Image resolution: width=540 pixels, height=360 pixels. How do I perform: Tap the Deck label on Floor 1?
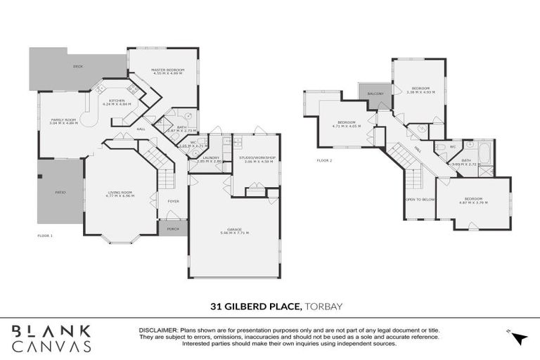click(78, 67)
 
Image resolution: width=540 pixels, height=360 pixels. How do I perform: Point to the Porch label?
click(172, 229)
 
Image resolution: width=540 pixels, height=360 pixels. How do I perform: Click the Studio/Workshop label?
click(256, 157)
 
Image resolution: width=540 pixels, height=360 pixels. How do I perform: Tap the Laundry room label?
click(211, 157)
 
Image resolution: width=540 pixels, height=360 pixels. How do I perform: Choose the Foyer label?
click(172, 199)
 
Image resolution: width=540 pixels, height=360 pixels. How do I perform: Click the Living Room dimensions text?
click(120, 195)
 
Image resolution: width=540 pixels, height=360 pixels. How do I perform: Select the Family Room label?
click(63, 120)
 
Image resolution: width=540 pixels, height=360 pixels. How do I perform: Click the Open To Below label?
click(420, 199)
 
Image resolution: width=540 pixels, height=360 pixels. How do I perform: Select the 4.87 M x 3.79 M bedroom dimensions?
click(472, 202)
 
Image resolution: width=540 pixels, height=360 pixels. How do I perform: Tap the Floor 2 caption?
click(324, 160)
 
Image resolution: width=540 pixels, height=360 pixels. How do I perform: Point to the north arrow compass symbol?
click(520, 337)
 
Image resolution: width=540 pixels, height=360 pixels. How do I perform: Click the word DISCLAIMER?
click(160, 329)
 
